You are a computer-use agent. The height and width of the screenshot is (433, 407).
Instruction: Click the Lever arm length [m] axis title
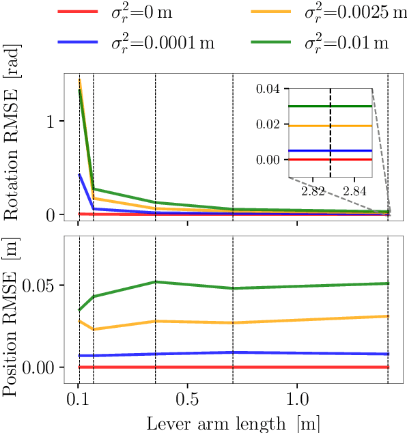pyautogui.click(x=233, y=423)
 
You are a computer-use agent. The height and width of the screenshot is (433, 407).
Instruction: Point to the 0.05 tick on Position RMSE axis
pyautogui.click(x=44, y=285)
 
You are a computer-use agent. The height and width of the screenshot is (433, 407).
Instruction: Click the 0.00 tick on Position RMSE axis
pyautogui.click(x=44, y=367)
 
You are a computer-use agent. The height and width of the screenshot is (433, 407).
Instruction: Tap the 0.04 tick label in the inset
pyautogui.click(x=268, y=89)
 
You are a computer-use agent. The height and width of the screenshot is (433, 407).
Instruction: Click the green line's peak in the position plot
pyautogui.click(x=156, y=281)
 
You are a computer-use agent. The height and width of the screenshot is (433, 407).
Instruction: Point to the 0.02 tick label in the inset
pyautogui.click(x=268, y=124)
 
